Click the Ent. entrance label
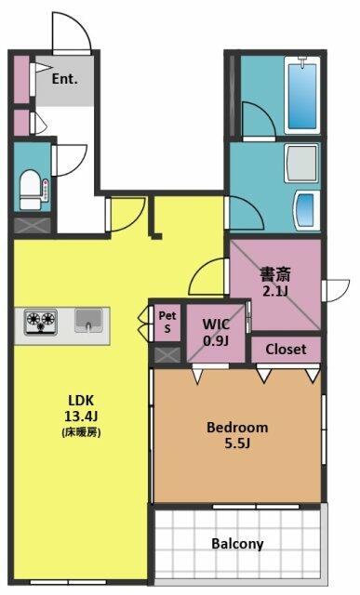[64, 79]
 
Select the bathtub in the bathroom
[302, 95]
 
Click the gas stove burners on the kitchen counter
[41, 322]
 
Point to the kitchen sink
[88, 321]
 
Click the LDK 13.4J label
[81, 408]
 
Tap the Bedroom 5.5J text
[237, 435]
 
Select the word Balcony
[237, 543]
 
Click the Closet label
[286, 350]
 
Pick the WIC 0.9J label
[216, 333]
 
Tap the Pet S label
[167, 322]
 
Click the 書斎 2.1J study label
[275, 282]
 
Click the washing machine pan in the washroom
[302, 163]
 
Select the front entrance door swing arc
[73, 32]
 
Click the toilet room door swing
[70, 160]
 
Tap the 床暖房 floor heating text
[81, 432]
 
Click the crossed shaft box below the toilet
[33, 226]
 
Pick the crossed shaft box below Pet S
[167, 354]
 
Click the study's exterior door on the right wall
[336, 291]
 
